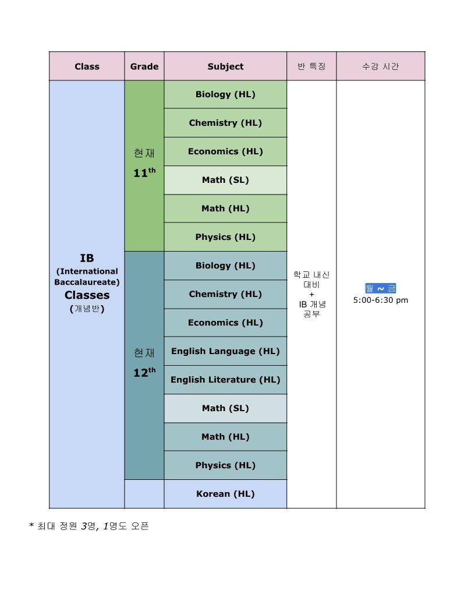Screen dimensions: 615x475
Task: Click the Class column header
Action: point(87,66)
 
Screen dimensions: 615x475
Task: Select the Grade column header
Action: point(144,66)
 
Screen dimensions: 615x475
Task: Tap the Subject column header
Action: point(225,66)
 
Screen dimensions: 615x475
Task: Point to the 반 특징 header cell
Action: point(311,66)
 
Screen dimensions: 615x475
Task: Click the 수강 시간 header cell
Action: point(381,66)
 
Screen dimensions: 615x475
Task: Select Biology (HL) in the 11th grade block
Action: point(225,94)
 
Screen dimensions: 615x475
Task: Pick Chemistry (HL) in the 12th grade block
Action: point(225,294)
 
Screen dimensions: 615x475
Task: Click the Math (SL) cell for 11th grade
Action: point(225,180)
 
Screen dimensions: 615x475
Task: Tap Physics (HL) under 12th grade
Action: point(225,465)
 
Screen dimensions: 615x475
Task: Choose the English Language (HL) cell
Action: point(225,351)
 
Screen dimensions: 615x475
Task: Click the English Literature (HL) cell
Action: point(225,380)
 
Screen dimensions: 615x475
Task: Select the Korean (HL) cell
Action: point(225,494)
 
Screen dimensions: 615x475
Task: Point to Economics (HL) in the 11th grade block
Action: point(225,151)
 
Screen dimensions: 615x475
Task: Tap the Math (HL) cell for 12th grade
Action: point(225,437)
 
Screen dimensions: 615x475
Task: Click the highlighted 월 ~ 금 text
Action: point(381,288)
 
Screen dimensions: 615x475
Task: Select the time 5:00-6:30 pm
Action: point(381,301)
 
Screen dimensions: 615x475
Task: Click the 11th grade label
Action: point(144,172)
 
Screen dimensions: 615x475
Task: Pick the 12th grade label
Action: point(144,372)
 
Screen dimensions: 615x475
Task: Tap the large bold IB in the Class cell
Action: point(87,258)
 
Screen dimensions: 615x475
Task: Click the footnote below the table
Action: point(89,526)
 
